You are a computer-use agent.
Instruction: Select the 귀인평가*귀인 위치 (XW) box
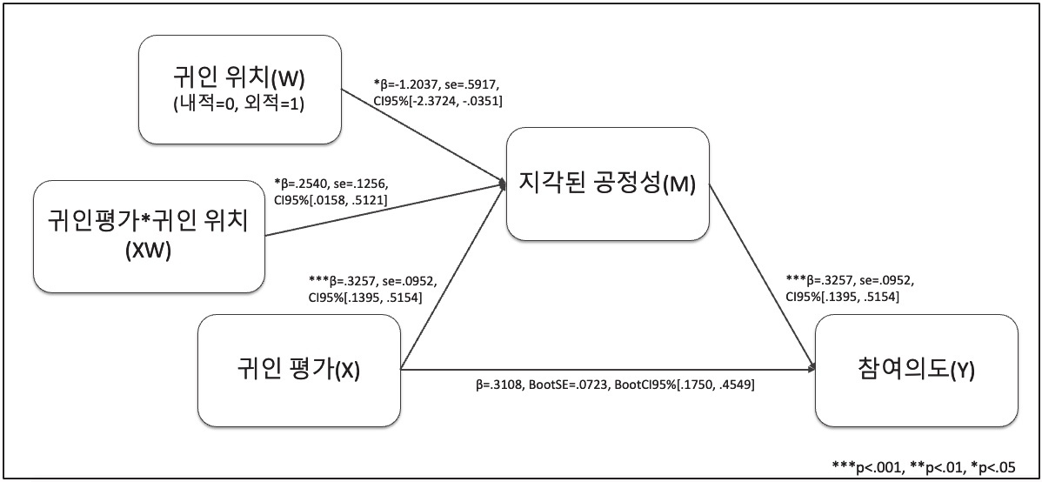point(149,237)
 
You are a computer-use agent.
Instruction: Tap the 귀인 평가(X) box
point(299,369)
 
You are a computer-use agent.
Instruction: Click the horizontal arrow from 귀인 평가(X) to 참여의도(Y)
point(609,370)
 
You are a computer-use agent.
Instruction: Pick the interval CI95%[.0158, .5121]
point(331,201)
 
